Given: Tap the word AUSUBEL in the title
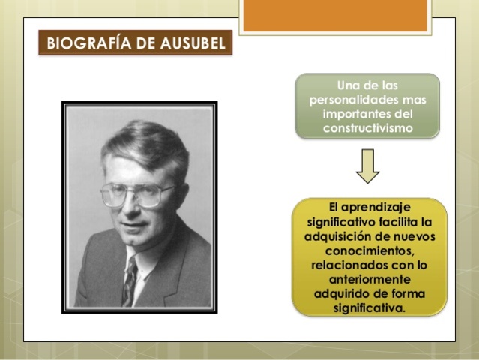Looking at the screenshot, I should click(x=193, y=43).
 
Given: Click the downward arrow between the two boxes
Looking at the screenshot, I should click(x=367, y=166).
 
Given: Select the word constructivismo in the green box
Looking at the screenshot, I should click(x=367, y=128).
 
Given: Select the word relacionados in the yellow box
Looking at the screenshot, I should click(x=348, y=266).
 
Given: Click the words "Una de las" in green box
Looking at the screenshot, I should click(x=367, y=85).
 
